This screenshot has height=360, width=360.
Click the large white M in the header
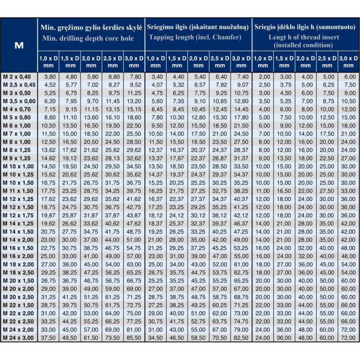click(x=19, y=45)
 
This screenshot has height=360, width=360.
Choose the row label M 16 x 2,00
click(x=18, y=256)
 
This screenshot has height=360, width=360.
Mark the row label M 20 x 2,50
click(x=18, y=297)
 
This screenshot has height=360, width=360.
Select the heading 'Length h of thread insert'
click(x=304, y=37)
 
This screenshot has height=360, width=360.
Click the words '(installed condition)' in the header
click(x=304, y=45)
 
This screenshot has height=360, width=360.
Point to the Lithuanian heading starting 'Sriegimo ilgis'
click(x=198, y=27)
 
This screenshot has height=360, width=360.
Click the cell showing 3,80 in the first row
click(x=49, y=77)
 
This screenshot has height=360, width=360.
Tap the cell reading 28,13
click(x=112, y=158)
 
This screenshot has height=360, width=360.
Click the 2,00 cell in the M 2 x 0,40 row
click(x=263, y=77)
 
